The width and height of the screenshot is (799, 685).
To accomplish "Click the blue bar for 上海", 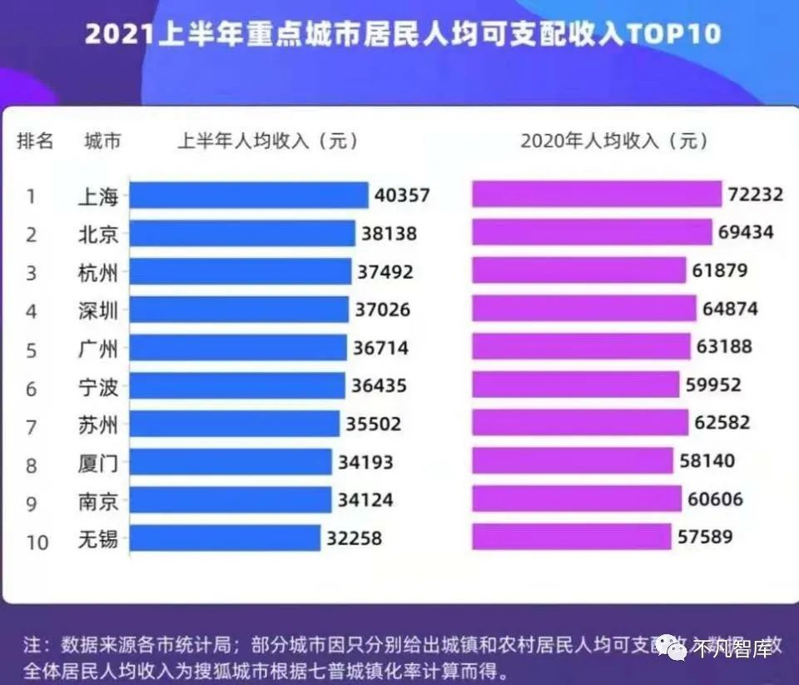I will [248, 196].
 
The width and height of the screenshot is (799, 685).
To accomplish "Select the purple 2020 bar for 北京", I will [592, 232].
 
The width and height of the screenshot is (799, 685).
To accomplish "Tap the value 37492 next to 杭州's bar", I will [385, 272].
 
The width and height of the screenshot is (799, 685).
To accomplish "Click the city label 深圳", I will [98, 310].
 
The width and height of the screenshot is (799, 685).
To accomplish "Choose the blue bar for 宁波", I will [236, 385].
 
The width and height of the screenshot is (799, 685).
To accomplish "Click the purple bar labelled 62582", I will [580, 423].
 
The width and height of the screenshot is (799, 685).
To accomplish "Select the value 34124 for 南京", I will [365, 500].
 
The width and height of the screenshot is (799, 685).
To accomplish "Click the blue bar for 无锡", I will [225, 538].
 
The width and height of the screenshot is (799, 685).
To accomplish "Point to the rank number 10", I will [36, 542].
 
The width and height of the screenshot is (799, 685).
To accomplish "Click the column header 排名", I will [35, 141].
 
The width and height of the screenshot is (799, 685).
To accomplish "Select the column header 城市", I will [102, 141].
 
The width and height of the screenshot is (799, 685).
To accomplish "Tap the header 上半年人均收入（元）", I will [267, 141].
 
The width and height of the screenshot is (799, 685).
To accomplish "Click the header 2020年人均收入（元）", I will [614, 141].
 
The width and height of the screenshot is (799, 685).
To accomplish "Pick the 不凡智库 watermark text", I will [732, 647].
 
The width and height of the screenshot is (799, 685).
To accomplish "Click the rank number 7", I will [31, 427].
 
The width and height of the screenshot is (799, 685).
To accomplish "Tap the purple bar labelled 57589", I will [571, 537].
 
